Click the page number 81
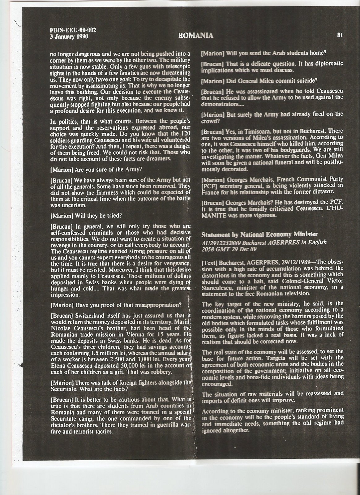(339, 35)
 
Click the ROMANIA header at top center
(196, 35)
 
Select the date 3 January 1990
(69, 36)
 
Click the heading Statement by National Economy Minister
(259, 234)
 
